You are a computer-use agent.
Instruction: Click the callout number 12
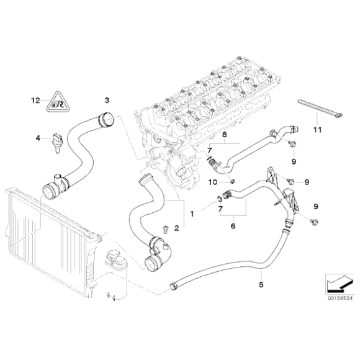coord(35,100)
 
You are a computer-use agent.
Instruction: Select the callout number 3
coord(106,100)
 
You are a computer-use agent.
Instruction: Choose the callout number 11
coord(317,130)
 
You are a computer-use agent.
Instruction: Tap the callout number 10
coord(212,182)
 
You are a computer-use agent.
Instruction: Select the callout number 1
coord(192,214)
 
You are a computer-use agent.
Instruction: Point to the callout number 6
coord(233,227)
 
